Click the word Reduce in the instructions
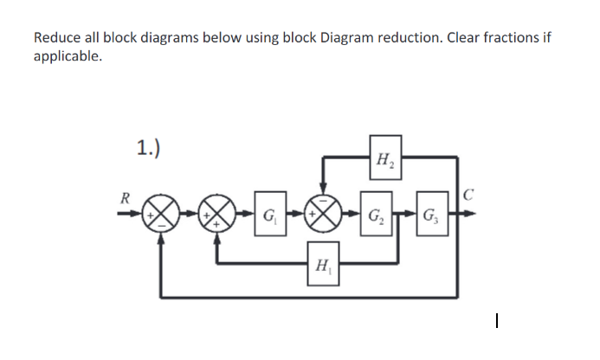(x=57, y=39)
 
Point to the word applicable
(x=67, y=57)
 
